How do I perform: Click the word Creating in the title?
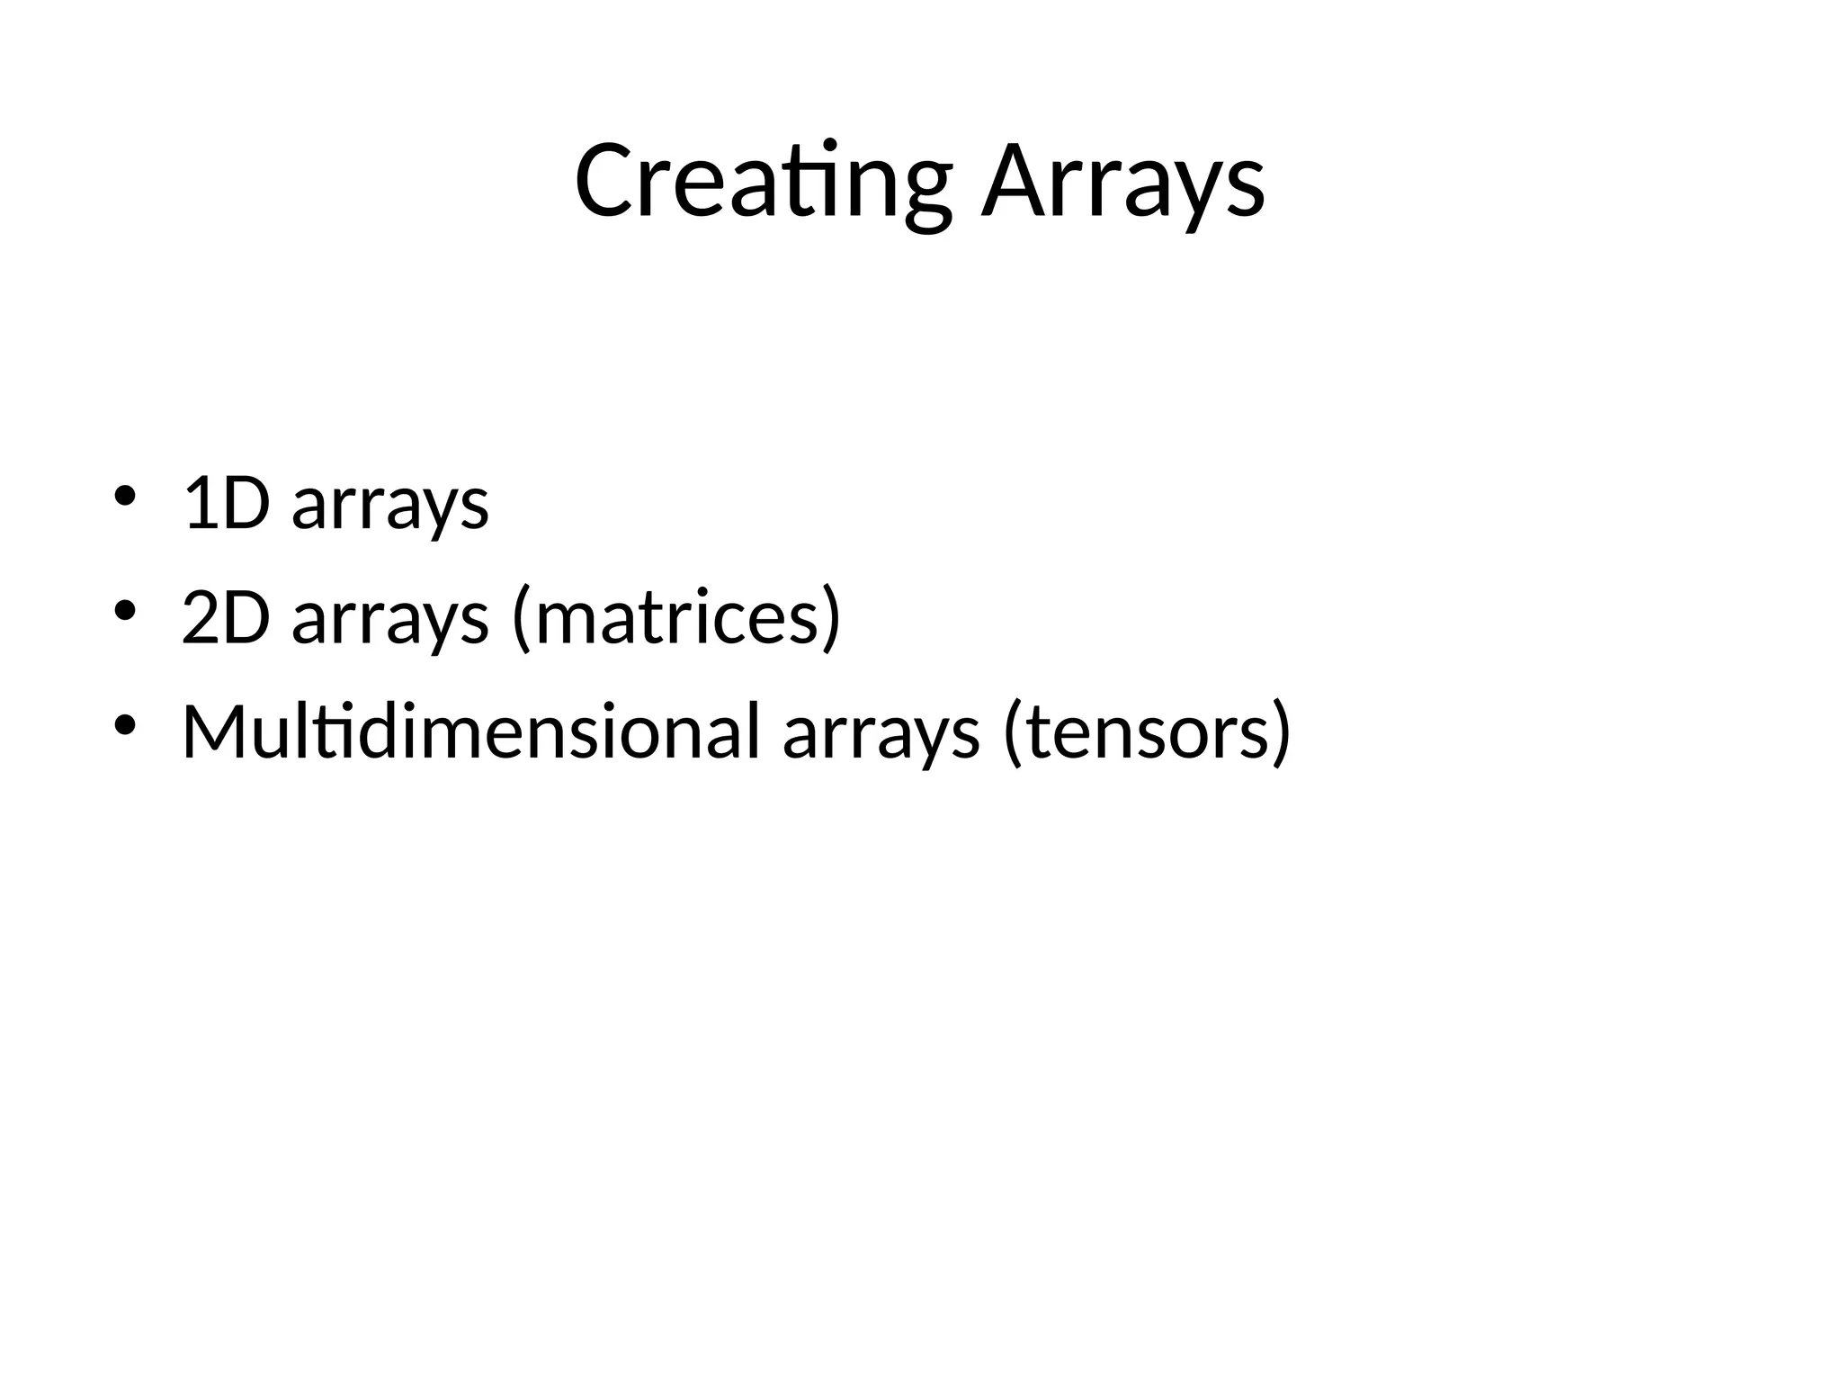(x=763, y=183)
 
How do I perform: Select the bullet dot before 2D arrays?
(x=124, y=611)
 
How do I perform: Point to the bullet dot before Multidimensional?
(x=124, y=724)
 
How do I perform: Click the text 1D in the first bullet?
(x=226, y=504)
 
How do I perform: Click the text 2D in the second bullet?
(x=226, y=619)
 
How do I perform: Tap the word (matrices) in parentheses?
(x=676, y=619)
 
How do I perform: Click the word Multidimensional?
(x=471, y=731)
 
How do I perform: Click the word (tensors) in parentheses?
(x=1147, y=732)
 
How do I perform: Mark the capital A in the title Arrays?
(x=1013, y=183)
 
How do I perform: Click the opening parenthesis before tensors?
(x=1013, y=732)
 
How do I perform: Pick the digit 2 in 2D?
(x=200, y=619)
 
